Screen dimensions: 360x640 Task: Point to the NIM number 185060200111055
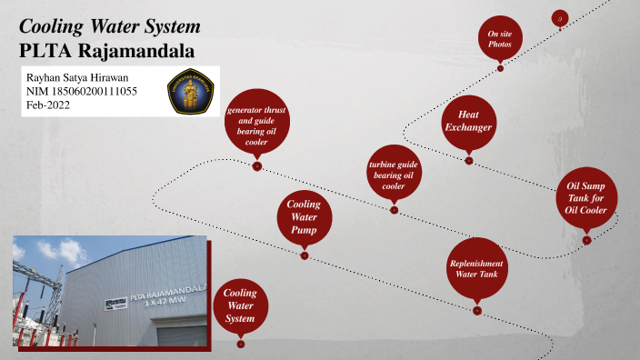[81, 92]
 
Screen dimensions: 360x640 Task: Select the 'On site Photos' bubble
[499, 38]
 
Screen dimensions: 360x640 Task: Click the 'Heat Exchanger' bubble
[468, 121]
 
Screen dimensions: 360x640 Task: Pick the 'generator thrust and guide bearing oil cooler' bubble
[256, 125]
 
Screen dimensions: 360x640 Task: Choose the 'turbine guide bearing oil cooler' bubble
[393, 173]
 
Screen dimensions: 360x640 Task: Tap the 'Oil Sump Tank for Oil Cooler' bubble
[586, 198]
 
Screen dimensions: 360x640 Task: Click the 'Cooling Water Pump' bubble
[304, 218]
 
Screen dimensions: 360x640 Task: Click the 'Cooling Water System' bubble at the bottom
[240, 306]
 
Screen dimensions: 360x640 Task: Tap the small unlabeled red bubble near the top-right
[560, 17]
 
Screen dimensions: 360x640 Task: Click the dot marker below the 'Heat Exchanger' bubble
[469, 161]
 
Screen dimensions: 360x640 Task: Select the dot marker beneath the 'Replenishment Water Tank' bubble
[477, 312]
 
